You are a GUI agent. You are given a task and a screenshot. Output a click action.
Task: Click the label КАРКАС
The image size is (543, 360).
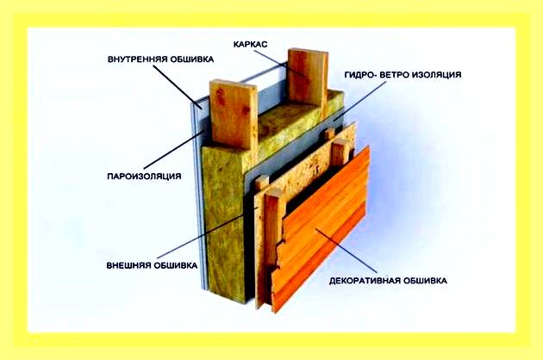tap(250, 45)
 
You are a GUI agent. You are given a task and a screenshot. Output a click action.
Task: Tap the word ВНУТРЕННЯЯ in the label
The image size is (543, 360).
tap(134, 59)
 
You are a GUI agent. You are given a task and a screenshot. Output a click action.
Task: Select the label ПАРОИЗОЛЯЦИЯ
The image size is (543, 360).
tap(144, 177)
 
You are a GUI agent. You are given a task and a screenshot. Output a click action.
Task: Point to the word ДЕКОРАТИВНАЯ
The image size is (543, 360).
tap(363, 281)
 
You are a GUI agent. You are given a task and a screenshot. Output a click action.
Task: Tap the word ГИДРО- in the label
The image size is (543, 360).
tap(359, 75)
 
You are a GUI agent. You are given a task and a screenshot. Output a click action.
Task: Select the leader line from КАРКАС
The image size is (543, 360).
tap(279, 64)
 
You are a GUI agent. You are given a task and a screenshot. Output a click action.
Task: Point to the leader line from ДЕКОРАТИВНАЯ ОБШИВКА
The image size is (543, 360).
tap(346, 250)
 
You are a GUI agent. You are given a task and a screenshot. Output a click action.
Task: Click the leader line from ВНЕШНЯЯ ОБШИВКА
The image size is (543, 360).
tap(207, 233)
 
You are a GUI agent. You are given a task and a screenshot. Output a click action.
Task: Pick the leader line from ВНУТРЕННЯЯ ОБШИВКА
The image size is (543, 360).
tap(178, 88)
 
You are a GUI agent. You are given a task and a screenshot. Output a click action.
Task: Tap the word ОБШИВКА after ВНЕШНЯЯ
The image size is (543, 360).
tap(175, 265)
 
